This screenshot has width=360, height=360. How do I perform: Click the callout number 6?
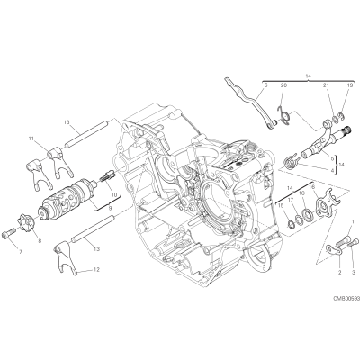(x=265, y=85)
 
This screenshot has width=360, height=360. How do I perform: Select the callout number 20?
(x=283, y=85)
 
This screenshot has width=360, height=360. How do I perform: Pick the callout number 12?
(x=96, y=269)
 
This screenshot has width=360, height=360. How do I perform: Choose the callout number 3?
(x=354, y=273)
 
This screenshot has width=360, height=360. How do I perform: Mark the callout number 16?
(x=311, y=186)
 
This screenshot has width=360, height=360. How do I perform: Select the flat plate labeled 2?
(x=334, y=250)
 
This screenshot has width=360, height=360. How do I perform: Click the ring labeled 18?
(x=308, y=214)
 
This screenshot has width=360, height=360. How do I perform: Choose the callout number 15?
(x=281, y=205)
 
